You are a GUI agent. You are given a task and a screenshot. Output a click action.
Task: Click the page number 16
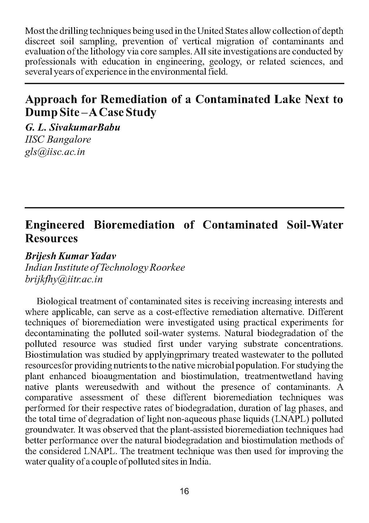pyautogui.click(x=184, y=491)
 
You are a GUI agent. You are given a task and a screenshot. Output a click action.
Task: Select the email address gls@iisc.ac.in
pyautogui.click(x=55, y=152)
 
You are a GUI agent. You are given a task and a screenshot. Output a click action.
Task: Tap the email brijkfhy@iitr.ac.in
pyautogui.click(x=64, y=280)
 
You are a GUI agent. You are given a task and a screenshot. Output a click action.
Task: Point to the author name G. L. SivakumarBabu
pyautogui.click(x=73, y=127)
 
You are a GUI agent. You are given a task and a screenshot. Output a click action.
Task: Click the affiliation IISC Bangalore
pyautogui.click(x=58, y=139)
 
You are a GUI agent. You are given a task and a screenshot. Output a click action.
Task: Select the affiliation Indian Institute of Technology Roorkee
pyautogui.click(x=105, y=268)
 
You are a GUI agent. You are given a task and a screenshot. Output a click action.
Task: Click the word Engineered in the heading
pyautogui.click(x=55, y=225)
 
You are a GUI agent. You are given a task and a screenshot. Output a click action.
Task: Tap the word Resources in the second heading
pyautogui.click(x=51, y=238)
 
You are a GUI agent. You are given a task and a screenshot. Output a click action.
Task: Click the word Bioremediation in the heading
pyautogui.click(x=134, y=225)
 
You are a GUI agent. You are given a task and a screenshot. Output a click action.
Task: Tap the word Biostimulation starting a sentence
pyautogui.click(x=53, y=355)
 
